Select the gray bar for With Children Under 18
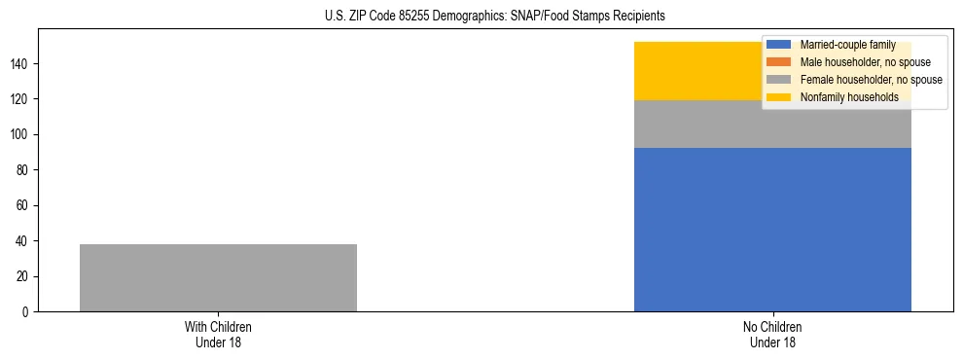[x=218, y=277]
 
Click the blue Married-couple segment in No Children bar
[x=772, y=230]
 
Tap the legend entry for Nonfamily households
[x=849, y=97]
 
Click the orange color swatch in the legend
[x=779, y=62]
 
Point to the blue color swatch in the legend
[x=779, y=45]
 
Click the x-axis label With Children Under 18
[x=218, y=334]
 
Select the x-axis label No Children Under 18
[x=772, y=334]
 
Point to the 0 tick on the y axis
[x=25, y=312]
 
